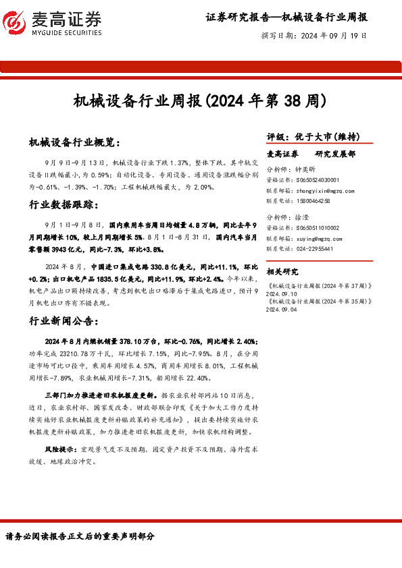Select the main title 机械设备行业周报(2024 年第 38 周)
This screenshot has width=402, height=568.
coord(200,102)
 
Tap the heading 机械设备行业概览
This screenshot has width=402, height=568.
coord(74,142)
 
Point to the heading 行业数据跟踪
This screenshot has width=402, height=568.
coord(64,204)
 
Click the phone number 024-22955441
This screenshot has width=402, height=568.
coord(315,248)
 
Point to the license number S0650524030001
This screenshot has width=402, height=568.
coord(318,181)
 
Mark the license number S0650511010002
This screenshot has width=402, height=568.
coord(318,229)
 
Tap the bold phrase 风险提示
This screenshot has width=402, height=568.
coord(58,448)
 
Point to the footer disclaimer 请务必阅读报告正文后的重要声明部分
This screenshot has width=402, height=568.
coord(80,537)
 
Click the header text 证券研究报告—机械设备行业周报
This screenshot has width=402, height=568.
coord(286,16)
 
